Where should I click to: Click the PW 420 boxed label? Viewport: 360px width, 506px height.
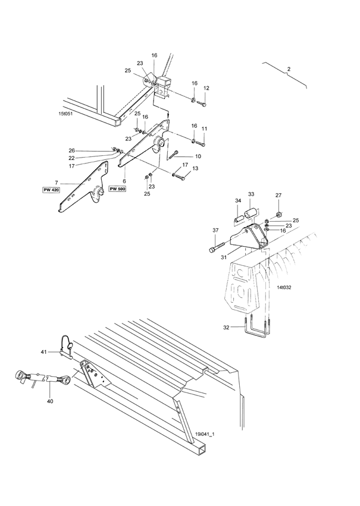click(x=51, y=190)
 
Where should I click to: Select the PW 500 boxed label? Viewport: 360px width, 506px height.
click(x=118, y=188)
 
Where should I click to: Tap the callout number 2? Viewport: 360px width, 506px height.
click(x=289, y=69)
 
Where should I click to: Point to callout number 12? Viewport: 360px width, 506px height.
click(x=206, y=88)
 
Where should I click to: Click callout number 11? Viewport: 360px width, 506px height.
click(x=204, y=129)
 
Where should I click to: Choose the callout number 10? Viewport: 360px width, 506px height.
click(x=198, y=156)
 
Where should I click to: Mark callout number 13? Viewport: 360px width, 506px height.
click(x=195, y=168)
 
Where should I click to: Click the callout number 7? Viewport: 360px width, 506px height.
click(x=57, y=183)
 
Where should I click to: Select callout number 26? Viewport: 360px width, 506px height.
click(x=71, y=150)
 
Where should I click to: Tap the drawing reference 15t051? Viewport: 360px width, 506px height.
click(x=65, y=114)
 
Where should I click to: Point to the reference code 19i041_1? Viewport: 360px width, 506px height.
click(x=205, y=434)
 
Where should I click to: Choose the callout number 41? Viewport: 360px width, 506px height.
click(x=43, y=352)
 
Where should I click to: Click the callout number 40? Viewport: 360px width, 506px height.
click(x=50, y=401)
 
